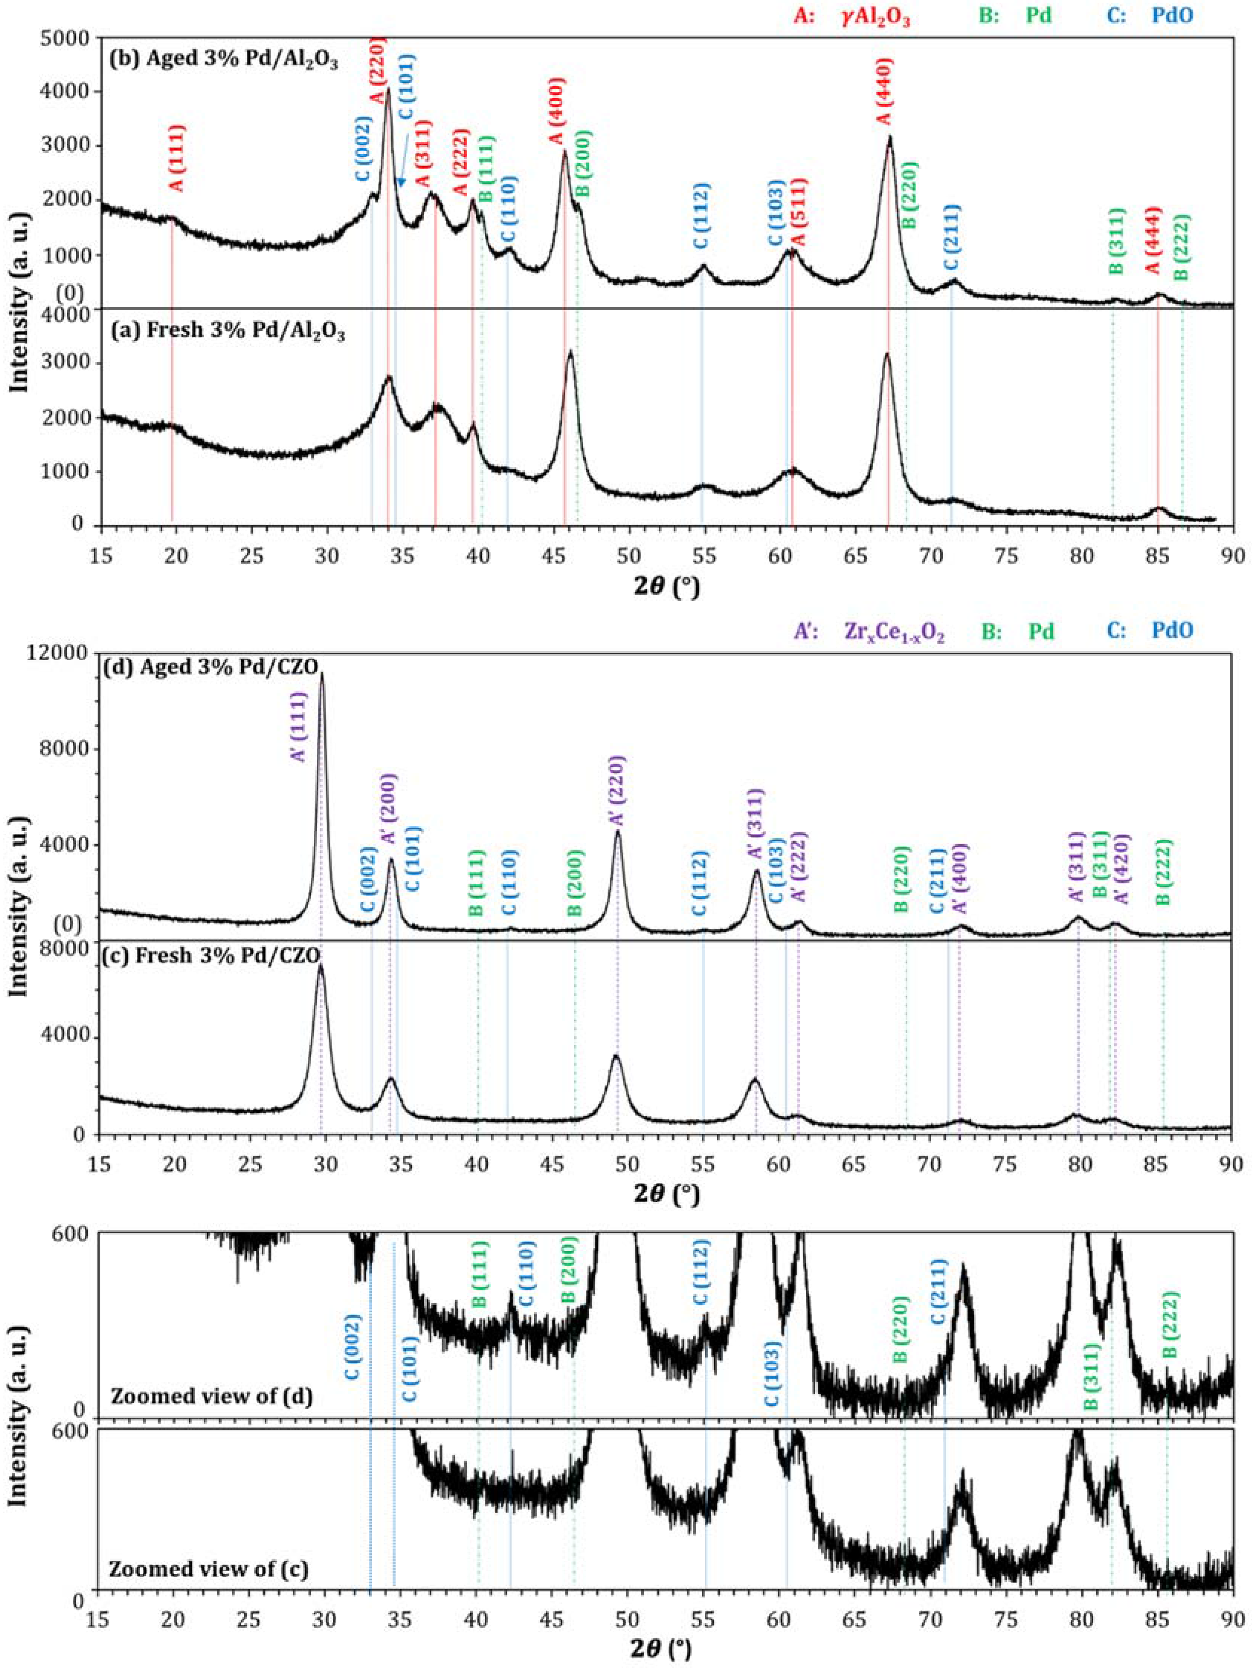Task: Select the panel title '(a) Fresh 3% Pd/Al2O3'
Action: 228,333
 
